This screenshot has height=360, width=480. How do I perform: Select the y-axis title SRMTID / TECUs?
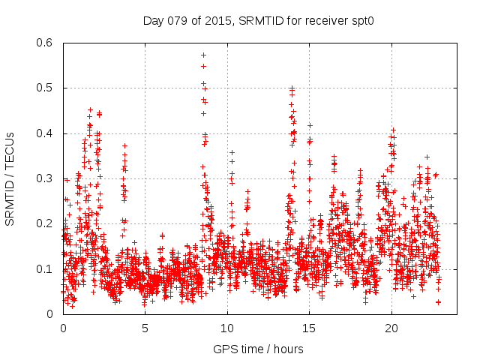point(10,178)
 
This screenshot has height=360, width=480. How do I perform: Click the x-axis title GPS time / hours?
point(258,349)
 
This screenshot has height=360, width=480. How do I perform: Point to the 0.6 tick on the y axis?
point(46,43)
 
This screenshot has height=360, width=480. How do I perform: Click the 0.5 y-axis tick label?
point(46,88)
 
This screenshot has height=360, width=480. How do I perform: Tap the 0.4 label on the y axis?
point(46,133)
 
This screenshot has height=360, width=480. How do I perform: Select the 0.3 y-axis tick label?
point(46,178)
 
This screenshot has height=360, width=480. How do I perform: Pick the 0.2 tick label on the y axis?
point(46,224)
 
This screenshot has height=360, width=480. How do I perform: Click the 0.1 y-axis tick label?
point(46,269)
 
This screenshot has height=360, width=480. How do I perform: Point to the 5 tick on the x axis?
point(145,328)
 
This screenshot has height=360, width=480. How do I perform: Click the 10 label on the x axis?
point(227,328)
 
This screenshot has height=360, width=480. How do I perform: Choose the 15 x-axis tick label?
point(309,328)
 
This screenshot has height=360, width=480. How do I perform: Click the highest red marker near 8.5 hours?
point(203,55)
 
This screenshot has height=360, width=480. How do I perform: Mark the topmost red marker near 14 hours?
point(292,88)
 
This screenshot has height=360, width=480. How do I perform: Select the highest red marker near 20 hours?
point(393,129)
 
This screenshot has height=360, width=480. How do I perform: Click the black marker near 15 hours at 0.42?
point(310,125)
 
